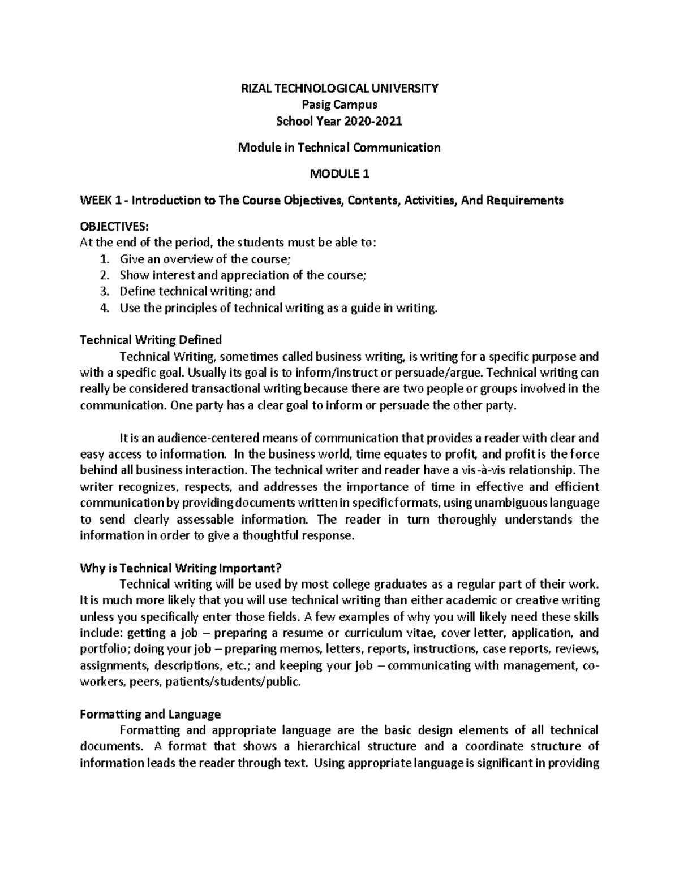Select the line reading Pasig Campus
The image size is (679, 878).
click(339, 105)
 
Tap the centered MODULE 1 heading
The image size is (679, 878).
click(339, 174)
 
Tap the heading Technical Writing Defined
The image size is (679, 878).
click(151, 340)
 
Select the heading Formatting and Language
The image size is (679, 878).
click(150, 714)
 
